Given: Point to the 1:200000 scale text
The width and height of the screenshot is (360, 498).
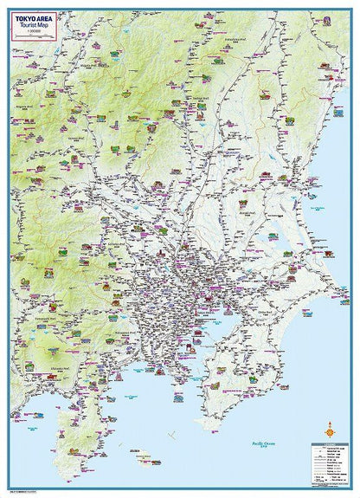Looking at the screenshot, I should tap(32, 35).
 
